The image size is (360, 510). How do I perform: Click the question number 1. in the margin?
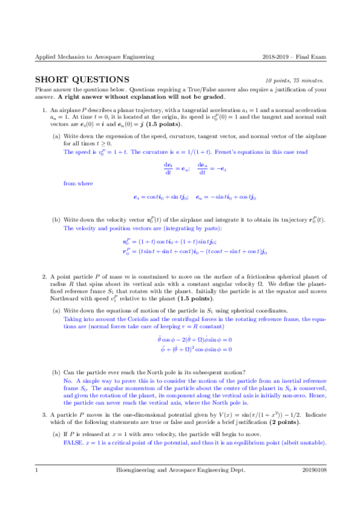(x=44, y=111)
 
